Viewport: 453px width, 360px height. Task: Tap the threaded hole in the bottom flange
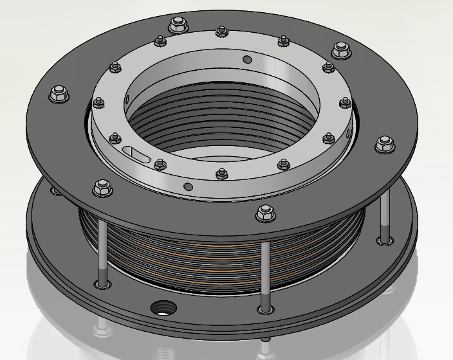click(x=160, y=307)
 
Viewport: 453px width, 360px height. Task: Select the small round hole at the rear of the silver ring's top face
click(x=246, y=60)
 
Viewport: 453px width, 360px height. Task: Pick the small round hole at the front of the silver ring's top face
click(x=187, y=186)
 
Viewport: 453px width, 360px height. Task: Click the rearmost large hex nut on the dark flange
click(x=175, y=26)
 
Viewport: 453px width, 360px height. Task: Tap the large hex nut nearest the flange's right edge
click(x=384, y=144)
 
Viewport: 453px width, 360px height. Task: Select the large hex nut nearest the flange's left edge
click(x=59, y=93)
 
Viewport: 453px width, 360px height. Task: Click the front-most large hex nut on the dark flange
click(x=264, y=213)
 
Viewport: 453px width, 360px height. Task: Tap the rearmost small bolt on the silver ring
click(x=222, y=30)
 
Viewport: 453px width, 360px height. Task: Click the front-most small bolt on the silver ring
click(x=221, y=173)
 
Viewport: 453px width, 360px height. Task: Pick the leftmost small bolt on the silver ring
click(x=98, y=102)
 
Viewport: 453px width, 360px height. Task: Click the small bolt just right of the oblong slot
click(x=160, y=165)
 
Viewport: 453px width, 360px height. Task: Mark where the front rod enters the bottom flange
click(x=264, y=309)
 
